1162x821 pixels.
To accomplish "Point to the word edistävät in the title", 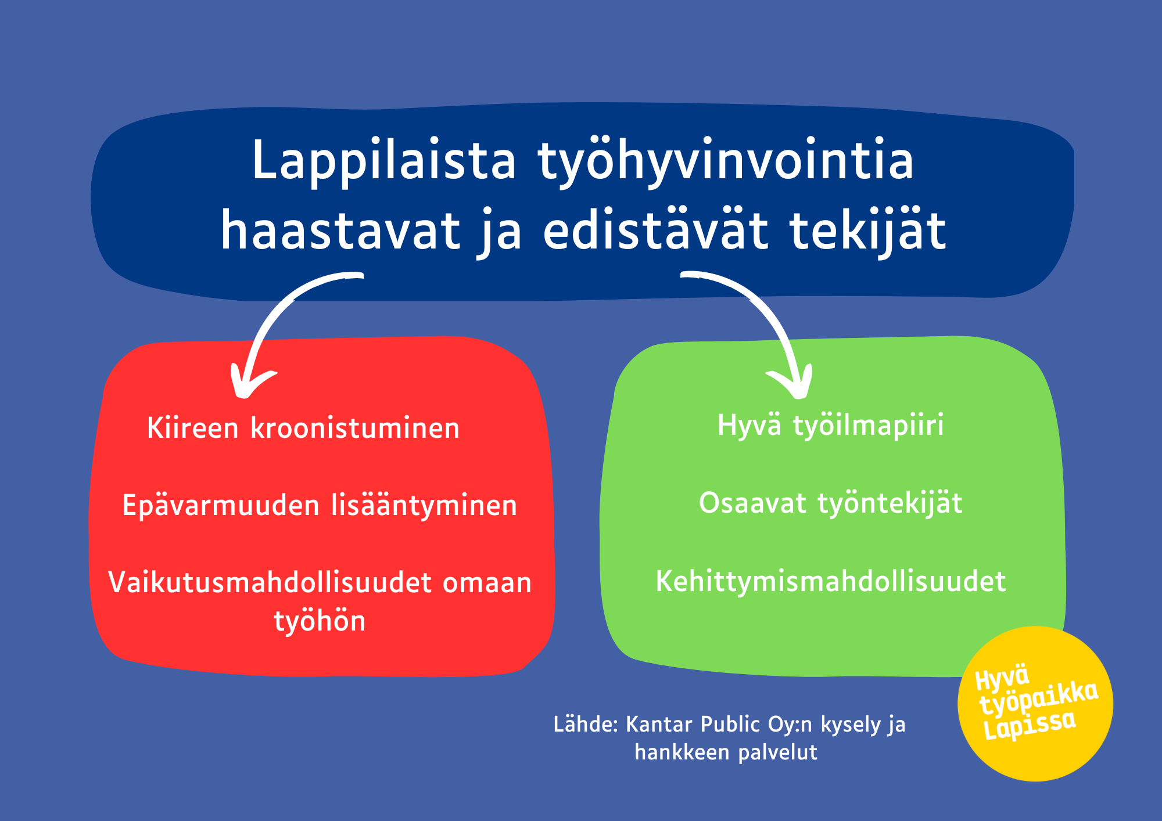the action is click(656, 230).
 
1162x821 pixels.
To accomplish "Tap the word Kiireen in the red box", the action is click(193, 428).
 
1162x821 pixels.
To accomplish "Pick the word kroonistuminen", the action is click(355, 428).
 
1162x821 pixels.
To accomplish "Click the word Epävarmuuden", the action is click(221, 506).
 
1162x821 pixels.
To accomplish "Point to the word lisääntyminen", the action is click(424, 506).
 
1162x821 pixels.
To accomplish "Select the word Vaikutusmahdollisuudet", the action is click(270, 582).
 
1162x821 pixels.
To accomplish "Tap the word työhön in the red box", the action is click(320, 621).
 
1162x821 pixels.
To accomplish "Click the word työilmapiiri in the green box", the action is click(869, 426).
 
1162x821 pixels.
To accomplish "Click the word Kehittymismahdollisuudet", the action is click(831, 581).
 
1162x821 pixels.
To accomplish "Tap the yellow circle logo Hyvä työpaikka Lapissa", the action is click(1035, 703).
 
